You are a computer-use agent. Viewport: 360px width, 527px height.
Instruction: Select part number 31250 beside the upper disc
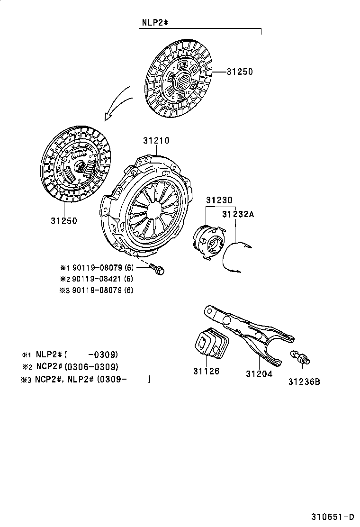point(239,72)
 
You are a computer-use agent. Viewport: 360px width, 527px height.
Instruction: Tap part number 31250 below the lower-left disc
point(63,220)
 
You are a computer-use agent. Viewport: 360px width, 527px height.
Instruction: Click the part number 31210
point(156,140)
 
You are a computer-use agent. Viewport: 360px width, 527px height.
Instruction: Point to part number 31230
point(219,200)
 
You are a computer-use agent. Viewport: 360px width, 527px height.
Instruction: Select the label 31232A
point(238,214)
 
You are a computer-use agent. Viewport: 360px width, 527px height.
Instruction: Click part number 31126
point(206,371)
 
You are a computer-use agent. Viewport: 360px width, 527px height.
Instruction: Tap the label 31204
point(259,373)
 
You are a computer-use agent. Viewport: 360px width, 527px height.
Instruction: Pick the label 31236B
point(304,381)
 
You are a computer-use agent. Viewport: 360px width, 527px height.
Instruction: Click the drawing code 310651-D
point(333,516)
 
